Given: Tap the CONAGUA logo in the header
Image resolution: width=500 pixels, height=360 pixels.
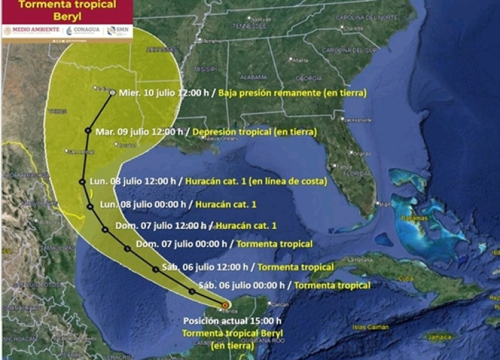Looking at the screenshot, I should [82, 31].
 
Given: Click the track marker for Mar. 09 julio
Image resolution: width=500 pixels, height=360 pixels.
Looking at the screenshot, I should [88, 130].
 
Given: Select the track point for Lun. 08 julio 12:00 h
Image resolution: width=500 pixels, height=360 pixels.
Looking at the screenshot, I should [82, 181].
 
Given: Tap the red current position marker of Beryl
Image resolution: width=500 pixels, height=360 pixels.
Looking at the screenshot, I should [224, 306].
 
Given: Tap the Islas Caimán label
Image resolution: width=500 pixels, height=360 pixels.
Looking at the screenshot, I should [368, 327].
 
